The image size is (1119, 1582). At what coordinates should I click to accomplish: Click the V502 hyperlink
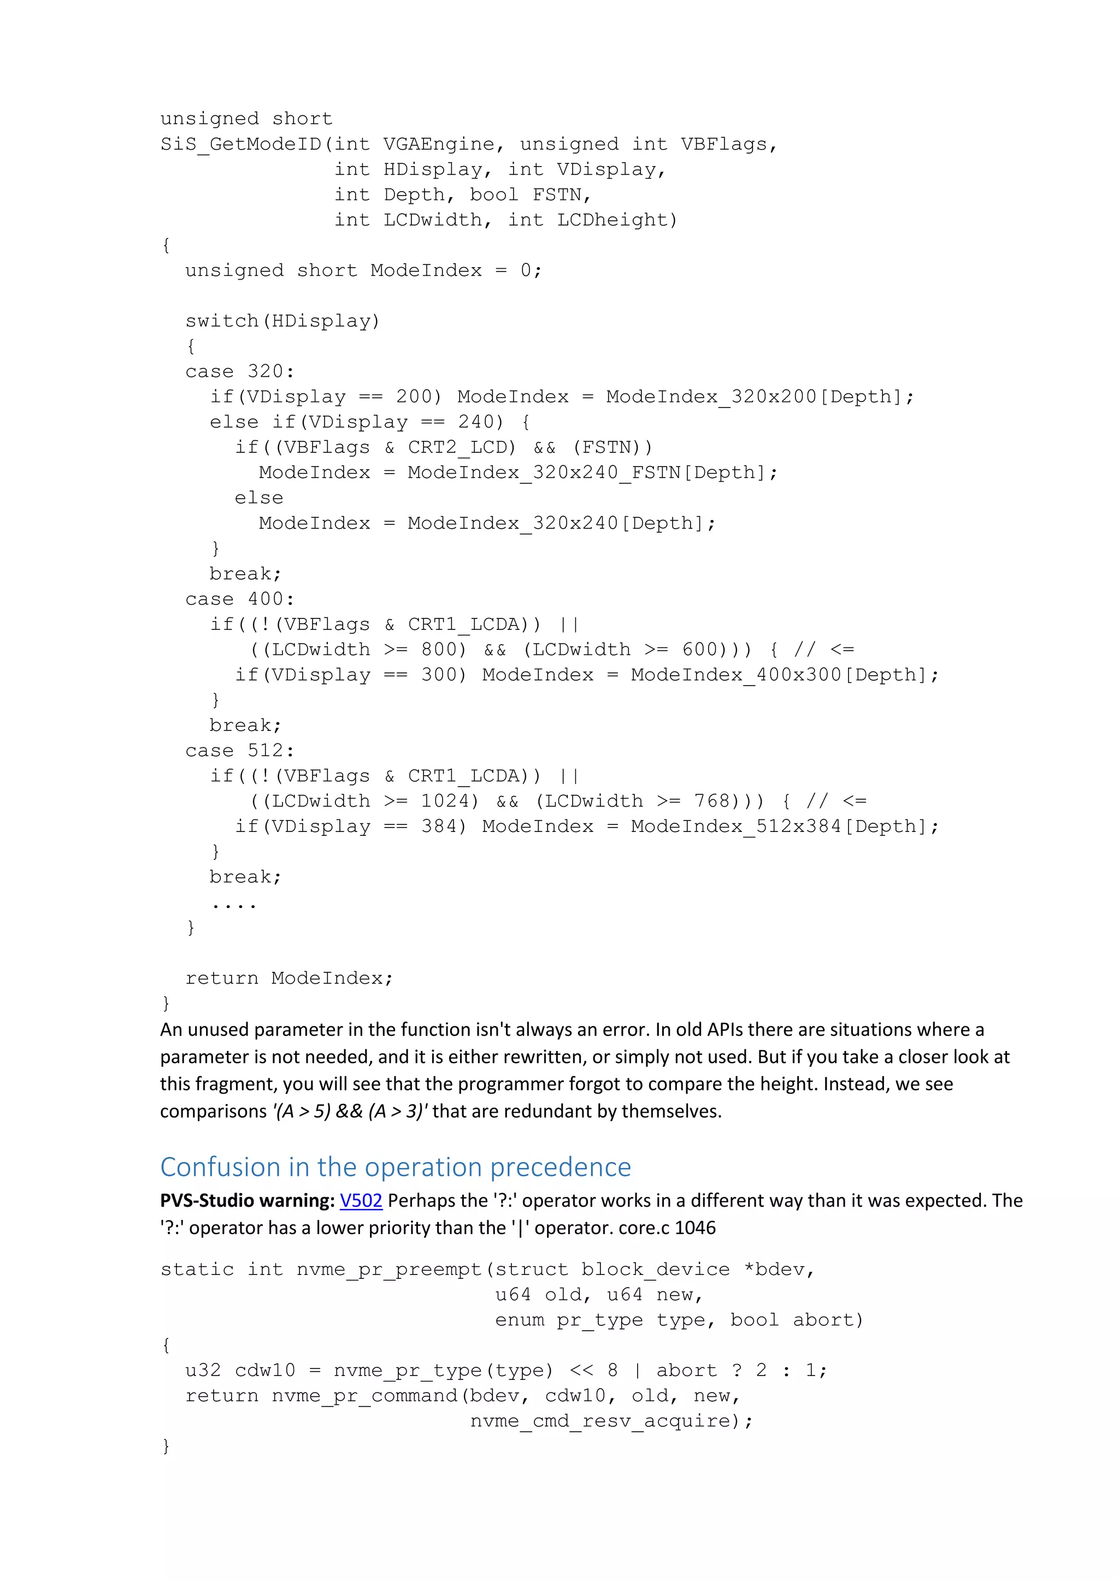(361, 1201)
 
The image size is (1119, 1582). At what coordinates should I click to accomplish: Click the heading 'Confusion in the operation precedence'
(396, 1167)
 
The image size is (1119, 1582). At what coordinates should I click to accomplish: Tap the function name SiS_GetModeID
(241, 145)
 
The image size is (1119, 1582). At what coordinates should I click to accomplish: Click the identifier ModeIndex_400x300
(737, 675)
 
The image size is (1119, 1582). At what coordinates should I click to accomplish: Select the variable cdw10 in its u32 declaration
(266, 1371)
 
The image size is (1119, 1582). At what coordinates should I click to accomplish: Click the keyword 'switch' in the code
(222, 322)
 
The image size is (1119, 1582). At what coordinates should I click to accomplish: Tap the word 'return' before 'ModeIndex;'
(222, 978)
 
